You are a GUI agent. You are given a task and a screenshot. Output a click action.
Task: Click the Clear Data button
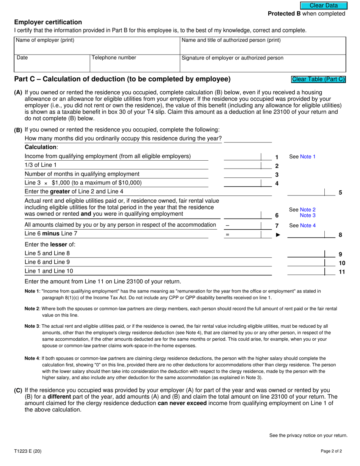pos(324,6)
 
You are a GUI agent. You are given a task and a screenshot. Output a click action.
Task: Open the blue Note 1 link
pos(307,156)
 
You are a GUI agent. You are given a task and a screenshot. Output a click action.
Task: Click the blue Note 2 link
pos(307,210)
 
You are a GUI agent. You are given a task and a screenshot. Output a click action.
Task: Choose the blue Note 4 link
pos(307,225)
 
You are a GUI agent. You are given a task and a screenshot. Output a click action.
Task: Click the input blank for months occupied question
pos(248,139)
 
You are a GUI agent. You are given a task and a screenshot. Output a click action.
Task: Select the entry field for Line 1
pos(243,156)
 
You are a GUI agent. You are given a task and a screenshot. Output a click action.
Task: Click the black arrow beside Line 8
pos(278,235)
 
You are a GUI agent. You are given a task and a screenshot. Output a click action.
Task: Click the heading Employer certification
pos(48,22)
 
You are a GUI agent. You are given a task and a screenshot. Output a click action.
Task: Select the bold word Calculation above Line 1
pos(41,147)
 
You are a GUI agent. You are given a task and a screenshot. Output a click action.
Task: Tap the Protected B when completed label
pos(307,14)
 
